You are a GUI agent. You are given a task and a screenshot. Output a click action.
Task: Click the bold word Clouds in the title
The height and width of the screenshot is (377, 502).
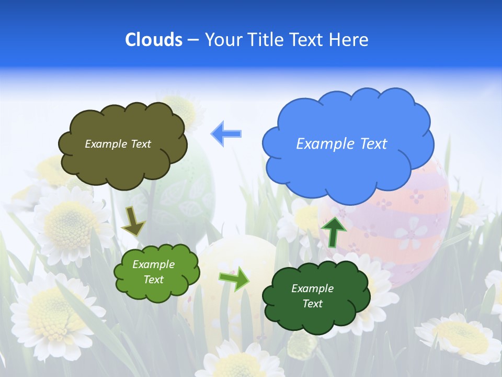[x=154, y=40]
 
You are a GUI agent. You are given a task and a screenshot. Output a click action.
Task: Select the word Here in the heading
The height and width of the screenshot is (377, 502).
[x=349, y=40]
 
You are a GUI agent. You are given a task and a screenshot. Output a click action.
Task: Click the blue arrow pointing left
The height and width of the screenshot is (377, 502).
[x=226, y=134]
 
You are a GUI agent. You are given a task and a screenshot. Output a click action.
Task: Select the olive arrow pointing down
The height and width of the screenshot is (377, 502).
[x=133, y=220]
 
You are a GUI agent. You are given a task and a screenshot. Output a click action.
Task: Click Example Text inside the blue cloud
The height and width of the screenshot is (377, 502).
[x=341, y=143]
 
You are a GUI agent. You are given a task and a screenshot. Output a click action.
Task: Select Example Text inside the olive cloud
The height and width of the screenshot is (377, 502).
[x=118, y=143]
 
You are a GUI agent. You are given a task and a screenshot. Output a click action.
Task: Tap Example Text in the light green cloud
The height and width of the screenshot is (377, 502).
[x=154, y=272]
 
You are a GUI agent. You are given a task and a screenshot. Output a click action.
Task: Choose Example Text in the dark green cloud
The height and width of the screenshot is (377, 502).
[x=312, y=296]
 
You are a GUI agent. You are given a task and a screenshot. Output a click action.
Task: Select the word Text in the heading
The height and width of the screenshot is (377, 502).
[x=309, y=40]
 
